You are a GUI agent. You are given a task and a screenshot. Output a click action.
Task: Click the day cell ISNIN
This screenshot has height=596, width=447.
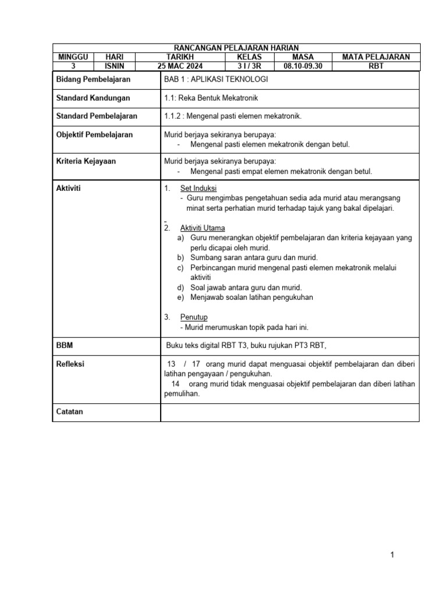click(x=114, y=66)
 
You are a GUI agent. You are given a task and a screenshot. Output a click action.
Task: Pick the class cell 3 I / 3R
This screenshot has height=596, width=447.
click(x=250, y=66)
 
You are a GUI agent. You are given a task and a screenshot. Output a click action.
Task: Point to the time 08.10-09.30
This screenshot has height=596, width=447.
click(x=303, y=66)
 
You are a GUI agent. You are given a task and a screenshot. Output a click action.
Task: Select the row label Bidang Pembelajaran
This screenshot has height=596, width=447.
click(x=93, y=79)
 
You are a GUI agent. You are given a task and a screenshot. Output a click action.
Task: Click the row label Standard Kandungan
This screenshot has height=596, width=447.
click(x=93, y=98)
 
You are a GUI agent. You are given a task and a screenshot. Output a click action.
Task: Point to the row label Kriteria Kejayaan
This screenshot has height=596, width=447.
click(x=86, y=161)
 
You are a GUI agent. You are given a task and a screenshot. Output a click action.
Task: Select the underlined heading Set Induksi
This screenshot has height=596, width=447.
click(x=198, y=188)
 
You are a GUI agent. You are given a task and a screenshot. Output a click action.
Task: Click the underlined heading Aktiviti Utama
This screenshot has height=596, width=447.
click(x=203, y=228)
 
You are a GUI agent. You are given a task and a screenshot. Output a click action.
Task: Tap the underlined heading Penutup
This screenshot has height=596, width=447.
click(x=194, y=317)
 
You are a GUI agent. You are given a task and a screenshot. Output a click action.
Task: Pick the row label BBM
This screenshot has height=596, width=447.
click(x=65, y=345)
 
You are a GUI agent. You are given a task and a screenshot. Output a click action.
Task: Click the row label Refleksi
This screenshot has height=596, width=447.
click(x=70, y=364)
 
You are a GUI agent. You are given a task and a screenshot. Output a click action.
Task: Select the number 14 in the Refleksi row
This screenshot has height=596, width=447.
click(x=175, y=384)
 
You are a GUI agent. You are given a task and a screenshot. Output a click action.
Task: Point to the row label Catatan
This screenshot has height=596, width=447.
click(x=69, y=411)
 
